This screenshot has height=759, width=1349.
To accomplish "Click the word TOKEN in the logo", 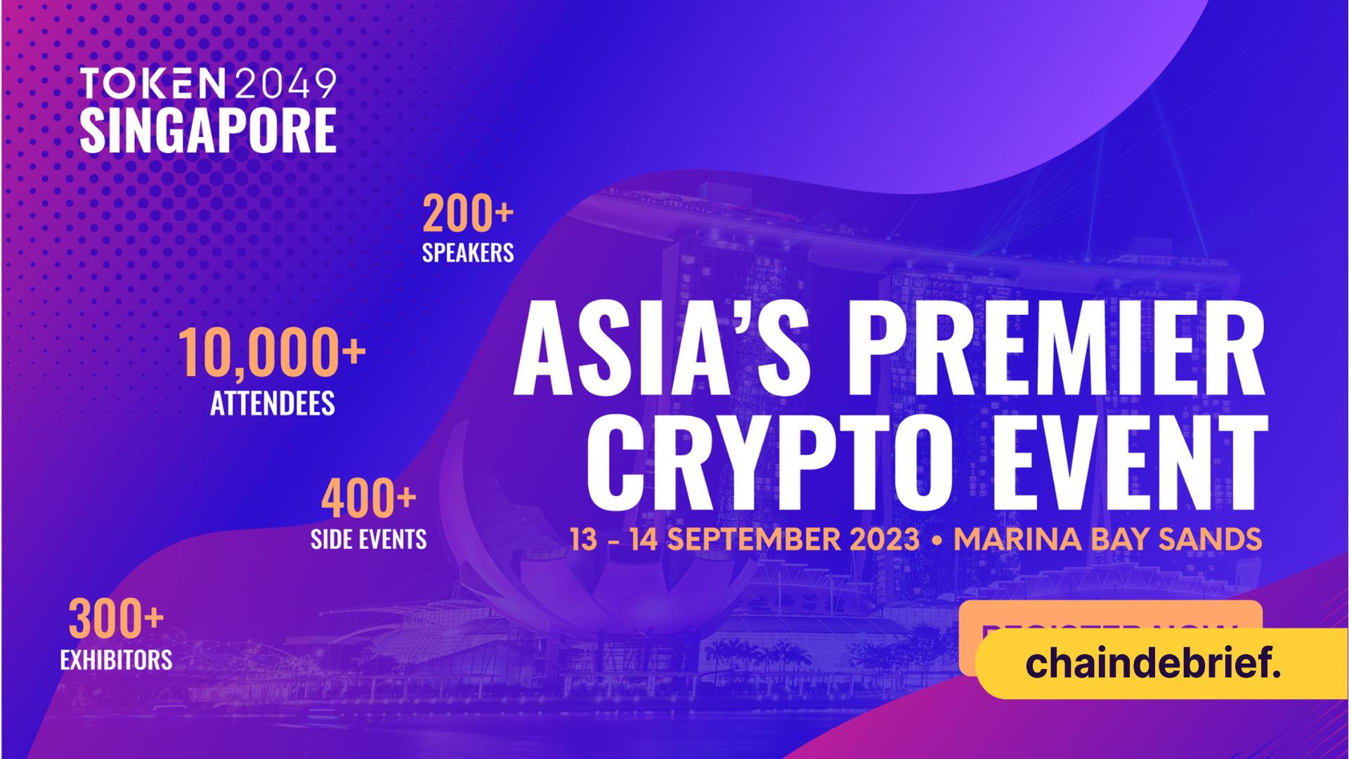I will tap(152, 84).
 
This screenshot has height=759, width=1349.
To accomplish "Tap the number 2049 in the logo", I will tap(285, 84).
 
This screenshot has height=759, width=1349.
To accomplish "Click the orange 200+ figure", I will tap(468, 214).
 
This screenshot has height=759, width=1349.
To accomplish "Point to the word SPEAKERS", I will tap(468, 253).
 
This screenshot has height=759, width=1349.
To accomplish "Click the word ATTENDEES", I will tap(273, 403).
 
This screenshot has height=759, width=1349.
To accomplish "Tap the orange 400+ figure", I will tap(369, 498).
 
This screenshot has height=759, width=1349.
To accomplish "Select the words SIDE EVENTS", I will tap(369, 540).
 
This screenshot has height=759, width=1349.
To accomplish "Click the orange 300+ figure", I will tap(116, 619).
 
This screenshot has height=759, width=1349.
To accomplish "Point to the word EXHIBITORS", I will tap(116, 660).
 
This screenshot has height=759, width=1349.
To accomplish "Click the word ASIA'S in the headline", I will tap(662, 349).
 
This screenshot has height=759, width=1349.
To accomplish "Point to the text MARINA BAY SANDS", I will tap(1107, 540).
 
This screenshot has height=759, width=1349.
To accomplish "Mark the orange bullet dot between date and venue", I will tap(937, 541).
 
